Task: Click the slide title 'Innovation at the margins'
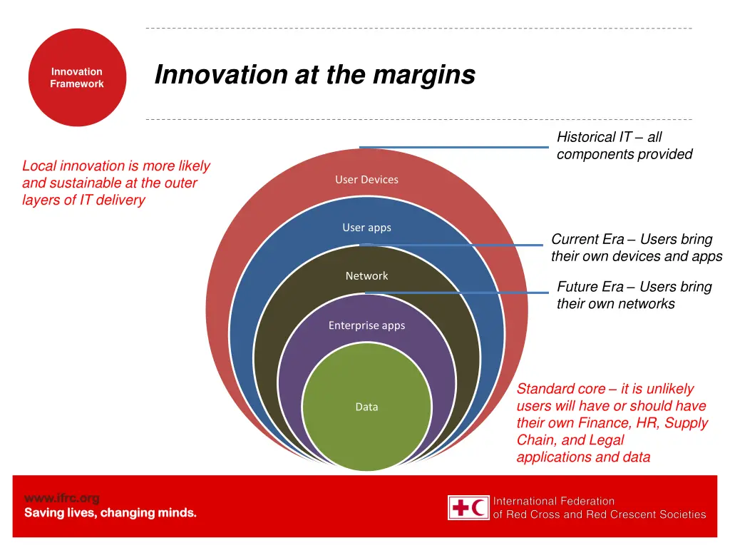click(x=314, y=74)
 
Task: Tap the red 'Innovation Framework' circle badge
click(x=77, y=78)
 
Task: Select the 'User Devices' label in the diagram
click(x=366, y=180)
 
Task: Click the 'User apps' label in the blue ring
click(x=366, y=228)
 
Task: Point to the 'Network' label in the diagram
click(x=366, y=276)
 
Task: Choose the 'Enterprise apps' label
click(x=366, y=325)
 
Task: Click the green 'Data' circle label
click(x=366, y=407)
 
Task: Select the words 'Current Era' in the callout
click(x=587, y=240)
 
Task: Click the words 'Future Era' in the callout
click(x=590, y=287)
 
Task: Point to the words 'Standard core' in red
click(x=561, y=389)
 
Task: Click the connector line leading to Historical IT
click(x=456, y=147)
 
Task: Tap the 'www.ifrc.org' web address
click(x=61, y=498)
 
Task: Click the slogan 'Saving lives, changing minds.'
click(x=110, y=513)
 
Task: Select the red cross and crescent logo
click(x=468, y=507)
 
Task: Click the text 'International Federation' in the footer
click(x=554, y=501)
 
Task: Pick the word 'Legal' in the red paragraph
click(x=607, y=440)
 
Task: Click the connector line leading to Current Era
click(x=456, y=245)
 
